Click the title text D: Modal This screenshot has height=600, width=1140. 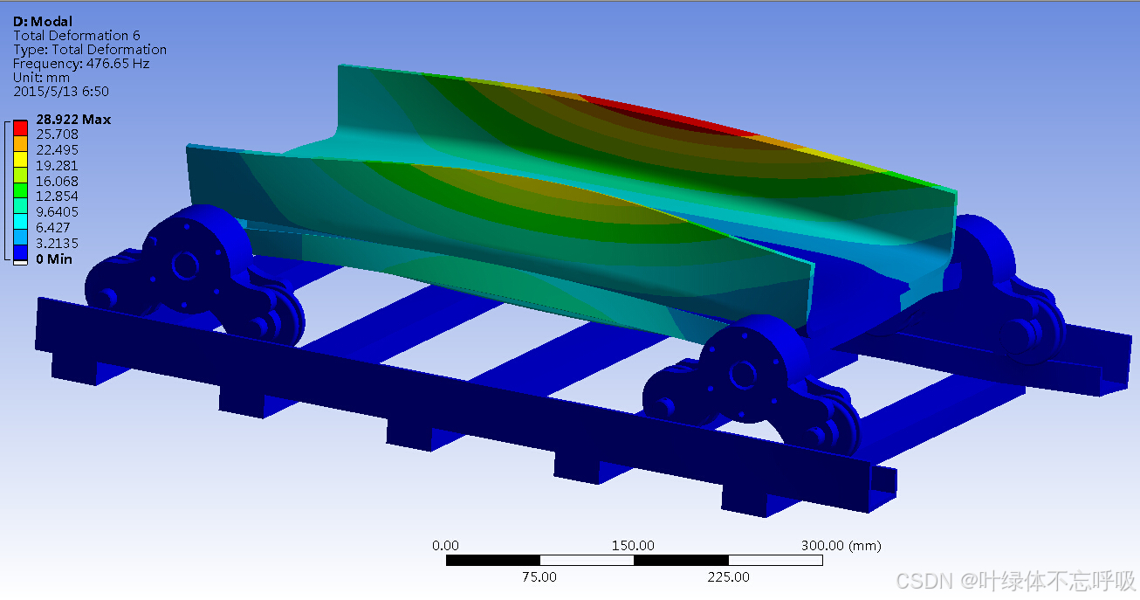(43, 21)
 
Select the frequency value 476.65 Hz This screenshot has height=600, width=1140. (118, 64)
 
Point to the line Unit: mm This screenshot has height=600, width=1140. (41, 78)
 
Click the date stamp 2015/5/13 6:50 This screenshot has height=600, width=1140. (61, 92)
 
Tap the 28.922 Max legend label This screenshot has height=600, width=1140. (73, 119)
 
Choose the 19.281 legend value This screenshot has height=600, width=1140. (57, 166)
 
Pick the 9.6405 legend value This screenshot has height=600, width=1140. (57, 212)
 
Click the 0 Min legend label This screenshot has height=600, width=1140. (54, 259)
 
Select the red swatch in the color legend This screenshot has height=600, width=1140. (20, 128)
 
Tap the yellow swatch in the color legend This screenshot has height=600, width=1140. (20, 160)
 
